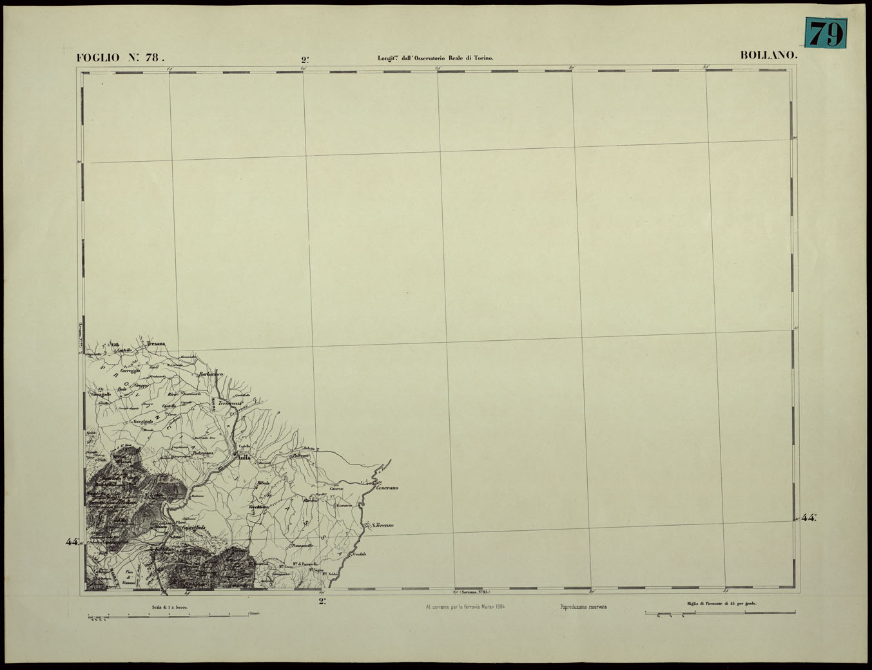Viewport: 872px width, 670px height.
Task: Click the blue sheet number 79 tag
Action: pos(826,33)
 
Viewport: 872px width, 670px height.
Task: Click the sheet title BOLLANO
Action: pos(769,55)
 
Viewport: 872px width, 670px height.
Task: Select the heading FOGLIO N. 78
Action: pos(121,57)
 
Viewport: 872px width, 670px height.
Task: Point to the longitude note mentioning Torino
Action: pos(435,58)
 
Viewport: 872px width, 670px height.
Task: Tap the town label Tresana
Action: pos(157,344)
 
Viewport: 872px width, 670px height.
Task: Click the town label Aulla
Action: pos(243,458)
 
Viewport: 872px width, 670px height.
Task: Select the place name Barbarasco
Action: pos(211,374)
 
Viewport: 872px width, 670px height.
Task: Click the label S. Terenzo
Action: pos(383,526)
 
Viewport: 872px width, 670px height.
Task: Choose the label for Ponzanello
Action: pos(302,546)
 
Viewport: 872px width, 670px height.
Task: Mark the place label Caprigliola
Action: pos(194,528)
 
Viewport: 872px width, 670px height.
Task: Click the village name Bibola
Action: pos(263,483)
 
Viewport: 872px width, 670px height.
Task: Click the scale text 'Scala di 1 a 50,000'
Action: pos(170,607)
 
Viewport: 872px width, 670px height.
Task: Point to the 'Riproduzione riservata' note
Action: pos(583,607)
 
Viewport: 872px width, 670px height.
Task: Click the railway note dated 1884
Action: pos(464,607)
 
